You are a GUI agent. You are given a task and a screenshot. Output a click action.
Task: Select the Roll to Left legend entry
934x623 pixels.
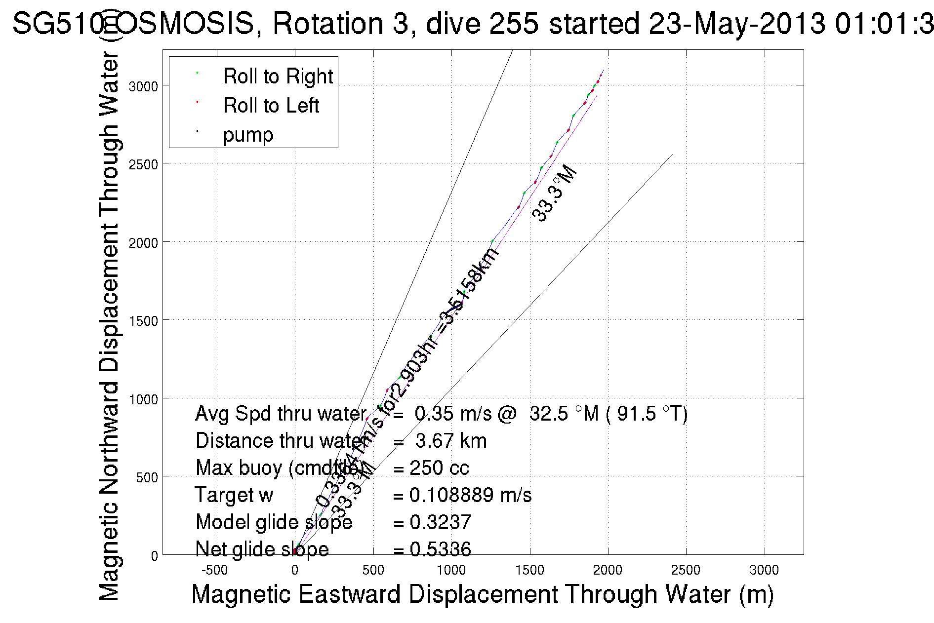(x=271, y=105)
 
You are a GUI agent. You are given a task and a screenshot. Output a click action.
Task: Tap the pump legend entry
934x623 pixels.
(x=248, y=134)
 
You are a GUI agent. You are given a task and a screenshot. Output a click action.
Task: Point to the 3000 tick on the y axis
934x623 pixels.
(x=143, y=86)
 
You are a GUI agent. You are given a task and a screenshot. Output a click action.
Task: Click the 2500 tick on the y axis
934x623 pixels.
(x=143, y=164)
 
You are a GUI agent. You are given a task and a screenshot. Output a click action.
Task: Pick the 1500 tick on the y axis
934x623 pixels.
(x=143, y=321)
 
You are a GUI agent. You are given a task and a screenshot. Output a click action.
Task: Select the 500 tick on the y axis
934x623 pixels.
(x=146, y=477)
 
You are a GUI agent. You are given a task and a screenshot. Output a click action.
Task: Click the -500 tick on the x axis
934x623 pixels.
(x=215, y=570)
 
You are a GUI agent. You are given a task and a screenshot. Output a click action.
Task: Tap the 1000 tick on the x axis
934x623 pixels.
(x=451, y=570)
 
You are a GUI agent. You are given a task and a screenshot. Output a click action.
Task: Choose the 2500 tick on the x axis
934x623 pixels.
(x=686, y=570)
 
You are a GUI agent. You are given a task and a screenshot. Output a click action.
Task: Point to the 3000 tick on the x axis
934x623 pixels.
(x=764, y=570)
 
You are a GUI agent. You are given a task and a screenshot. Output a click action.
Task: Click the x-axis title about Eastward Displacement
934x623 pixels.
(x=482, y=594)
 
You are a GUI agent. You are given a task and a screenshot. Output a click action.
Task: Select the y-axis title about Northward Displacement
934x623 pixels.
(x=109, y=326)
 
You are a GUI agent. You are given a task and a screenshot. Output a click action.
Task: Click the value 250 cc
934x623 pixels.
(x=439, y=467)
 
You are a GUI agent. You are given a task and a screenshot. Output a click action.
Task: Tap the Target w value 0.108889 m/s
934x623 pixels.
(x=470, y=495)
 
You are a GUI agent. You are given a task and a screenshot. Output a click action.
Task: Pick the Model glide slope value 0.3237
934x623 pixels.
(x=440, y=522)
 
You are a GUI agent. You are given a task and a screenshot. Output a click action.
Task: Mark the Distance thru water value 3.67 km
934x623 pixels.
(x=451, y=440)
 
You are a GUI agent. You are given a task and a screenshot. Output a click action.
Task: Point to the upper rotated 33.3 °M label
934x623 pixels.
(x=555, y=195)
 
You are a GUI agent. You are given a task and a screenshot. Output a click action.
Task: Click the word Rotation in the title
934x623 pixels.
(x=327, y=23)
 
